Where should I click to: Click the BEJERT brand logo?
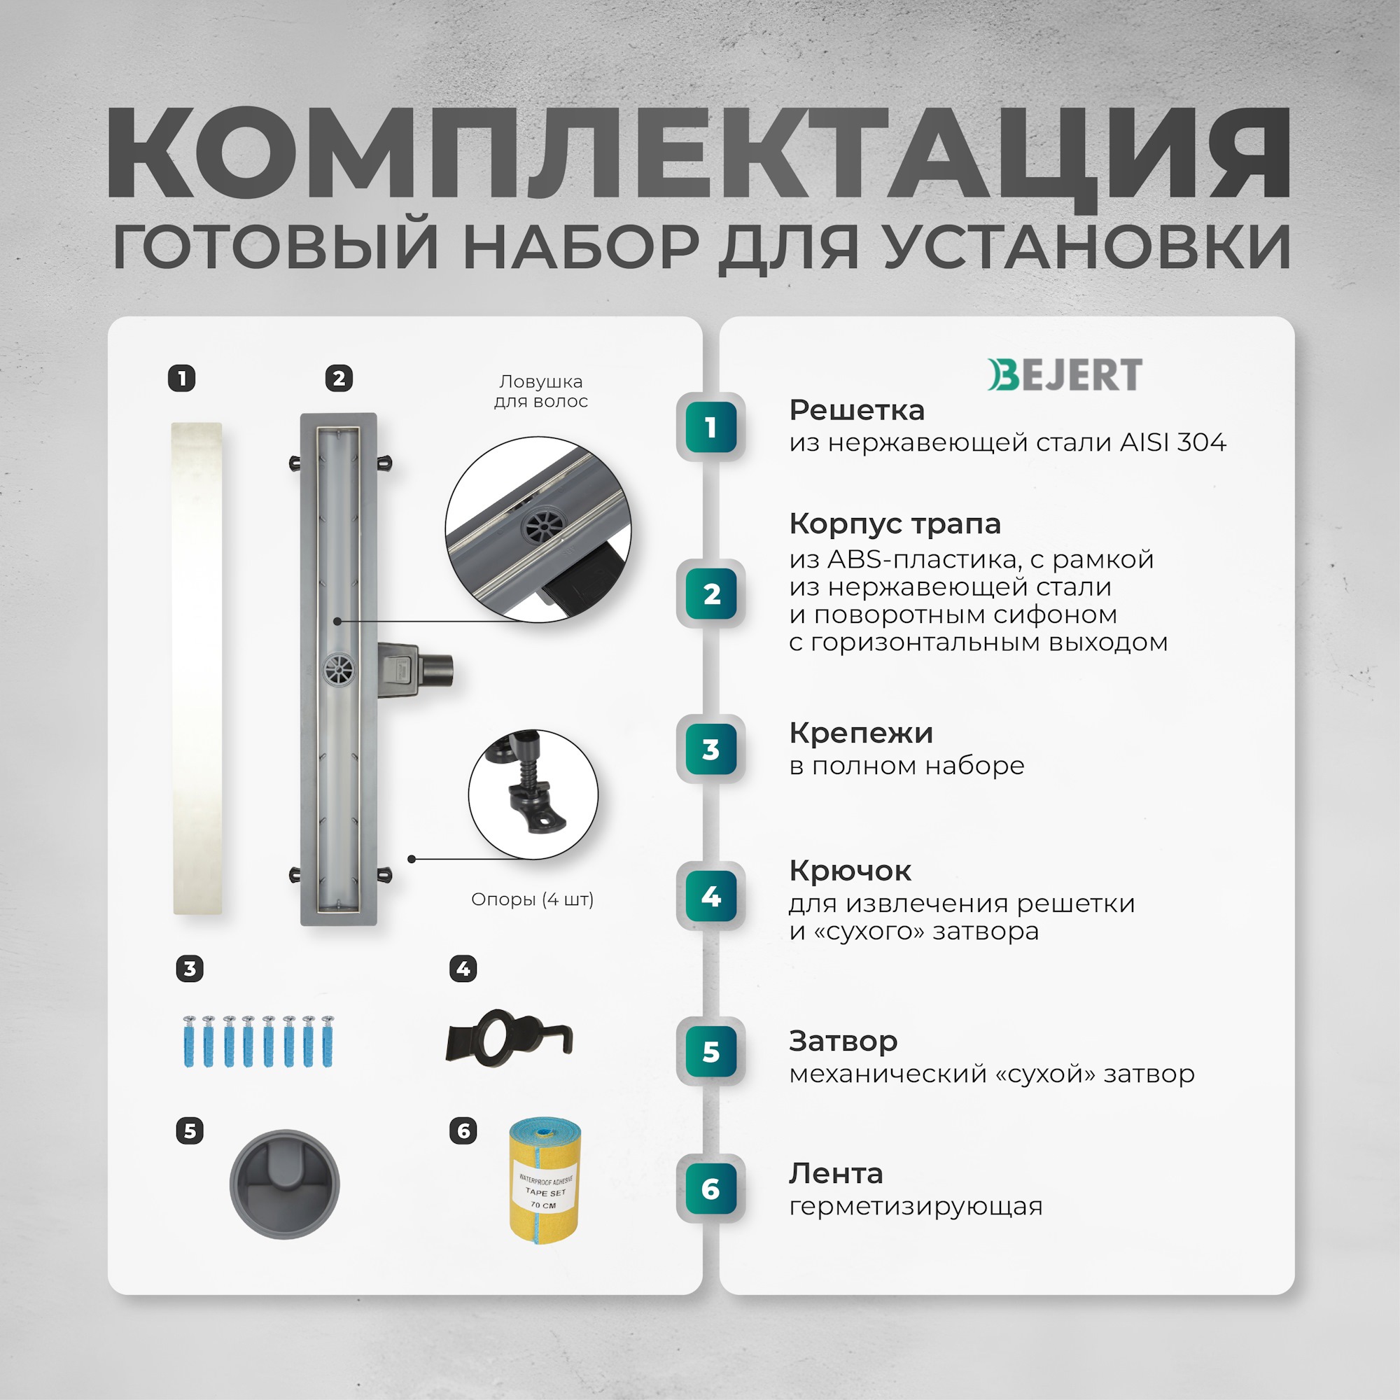1065,374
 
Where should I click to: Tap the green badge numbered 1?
711,428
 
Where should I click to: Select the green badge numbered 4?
711,897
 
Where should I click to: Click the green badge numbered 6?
711,1189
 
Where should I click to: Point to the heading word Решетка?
857,410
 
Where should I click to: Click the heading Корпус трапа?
895,523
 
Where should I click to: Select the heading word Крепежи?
861,733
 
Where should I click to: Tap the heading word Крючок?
850,870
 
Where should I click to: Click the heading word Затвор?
843,1041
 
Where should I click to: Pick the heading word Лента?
836,1173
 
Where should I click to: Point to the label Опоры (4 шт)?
532,899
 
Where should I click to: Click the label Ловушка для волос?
540,391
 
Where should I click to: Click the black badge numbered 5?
190,1131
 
